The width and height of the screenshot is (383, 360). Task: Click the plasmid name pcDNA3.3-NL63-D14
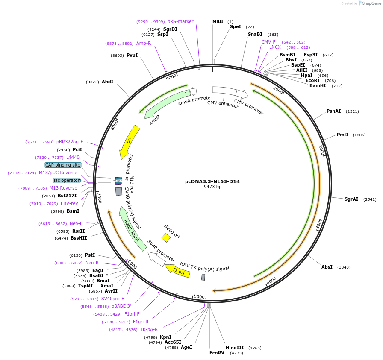(x=212, y=181)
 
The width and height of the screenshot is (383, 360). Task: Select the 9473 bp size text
(x=212, y=187)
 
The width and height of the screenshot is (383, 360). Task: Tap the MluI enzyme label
(x=218, y=22)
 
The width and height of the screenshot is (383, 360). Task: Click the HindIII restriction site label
(x=234, y=348)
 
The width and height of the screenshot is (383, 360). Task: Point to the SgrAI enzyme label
(x=351, y=199)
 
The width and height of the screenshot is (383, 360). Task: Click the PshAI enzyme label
(x=333, y=111)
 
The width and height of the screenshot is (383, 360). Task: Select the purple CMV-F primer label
(x=268, y=42)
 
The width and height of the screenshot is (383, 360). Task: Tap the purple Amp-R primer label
(x=144, y=44)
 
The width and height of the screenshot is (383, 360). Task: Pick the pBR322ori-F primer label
(x=70, y=142)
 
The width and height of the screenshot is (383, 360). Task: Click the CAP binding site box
(x=62, y=165)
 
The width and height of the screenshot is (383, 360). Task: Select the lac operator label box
(x=66, y=180)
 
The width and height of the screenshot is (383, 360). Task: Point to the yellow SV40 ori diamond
(x=166, y=238)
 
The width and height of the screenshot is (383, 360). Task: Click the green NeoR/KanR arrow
(x=132, y=229)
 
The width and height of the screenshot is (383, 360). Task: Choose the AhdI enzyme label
(x=107, y=82)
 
